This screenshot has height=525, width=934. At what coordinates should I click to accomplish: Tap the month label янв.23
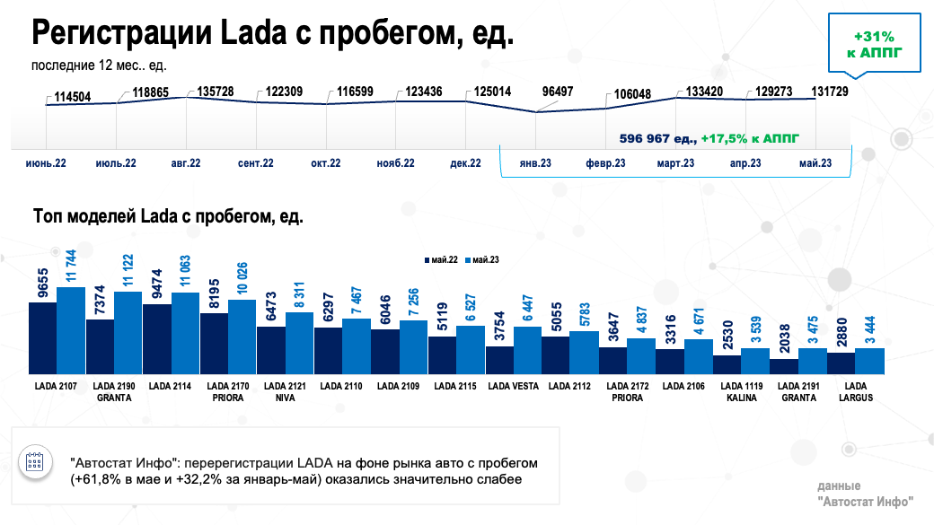535,163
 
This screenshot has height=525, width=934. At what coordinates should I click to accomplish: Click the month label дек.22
464,163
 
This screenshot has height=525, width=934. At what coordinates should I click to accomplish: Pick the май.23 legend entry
483,258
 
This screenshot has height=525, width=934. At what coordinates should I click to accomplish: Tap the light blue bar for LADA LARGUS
870,361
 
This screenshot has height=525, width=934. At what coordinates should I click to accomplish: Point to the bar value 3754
499,328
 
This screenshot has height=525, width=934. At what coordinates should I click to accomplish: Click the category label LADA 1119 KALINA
742,392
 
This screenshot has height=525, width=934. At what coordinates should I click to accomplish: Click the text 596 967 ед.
657,139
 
